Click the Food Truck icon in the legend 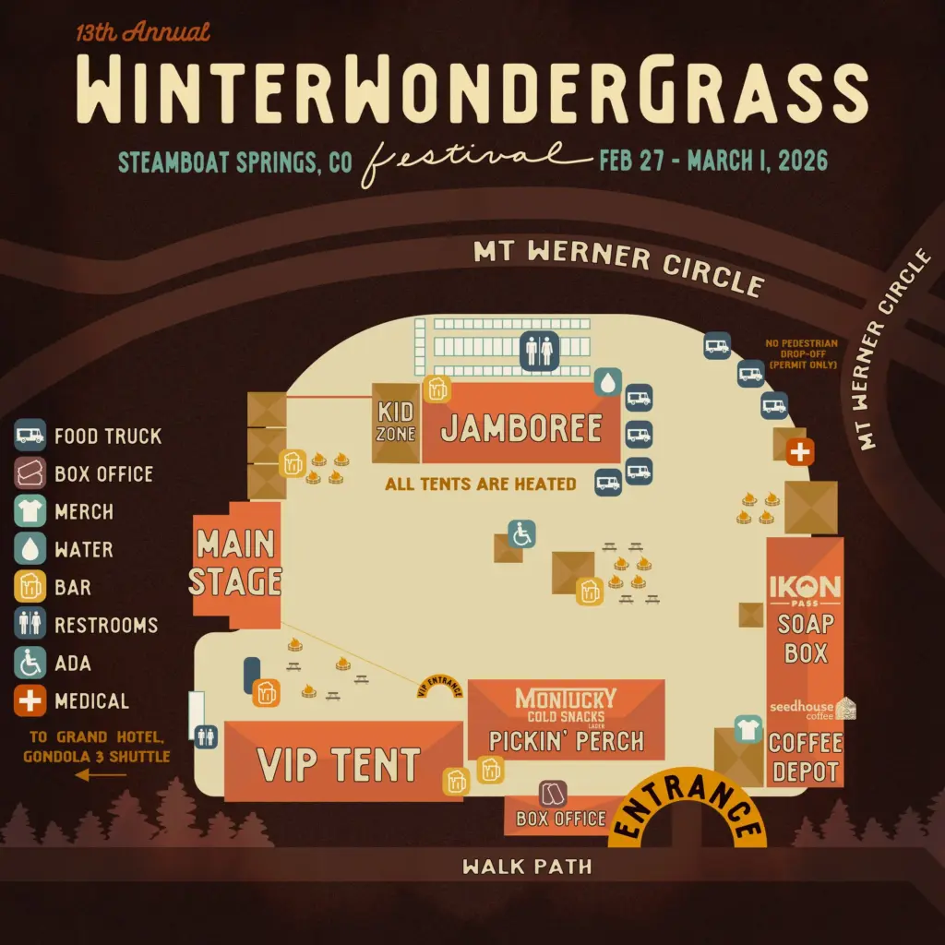30,436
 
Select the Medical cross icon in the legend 30,700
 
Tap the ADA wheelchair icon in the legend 30,663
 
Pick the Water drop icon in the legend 30,549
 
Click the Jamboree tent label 521,427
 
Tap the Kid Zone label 396,422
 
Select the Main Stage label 237,562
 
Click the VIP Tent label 339,765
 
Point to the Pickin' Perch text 566,741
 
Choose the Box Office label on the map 560,819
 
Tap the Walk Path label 527,867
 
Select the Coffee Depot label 805,757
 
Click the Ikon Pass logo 805,588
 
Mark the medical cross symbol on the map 799,452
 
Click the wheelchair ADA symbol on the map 522,533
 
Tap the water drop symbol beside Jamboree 607,382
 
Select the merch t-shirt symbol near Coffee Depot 747,729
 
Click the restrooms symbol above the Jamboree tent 538,351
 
